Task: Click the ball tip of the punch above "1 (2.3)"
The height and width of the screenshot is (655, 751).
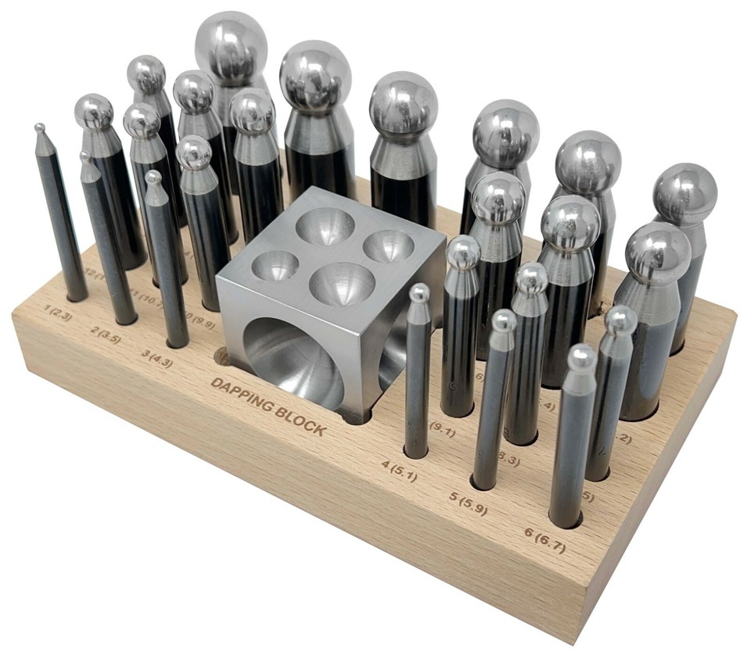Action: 38,127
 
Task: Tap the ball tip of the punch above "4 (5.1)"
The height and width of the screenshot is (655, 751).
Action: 420,293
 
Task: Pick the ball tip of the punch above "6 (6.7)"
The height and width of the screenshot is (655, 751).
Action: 581,357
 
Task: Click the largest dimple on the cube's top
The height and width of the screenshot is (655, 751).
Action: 341,283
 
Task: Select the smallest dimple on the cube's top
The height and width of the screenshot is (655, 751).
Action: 275,264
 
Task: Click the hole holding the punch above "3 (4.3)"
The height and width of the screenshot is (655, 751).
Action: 177,341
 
